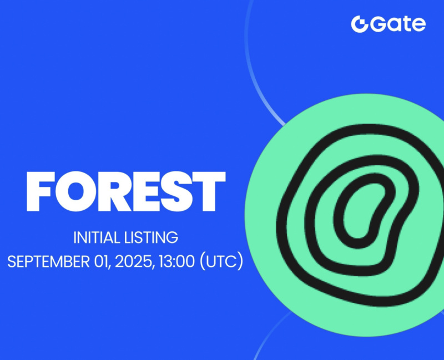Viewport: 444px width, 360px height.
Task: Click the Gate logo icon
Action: [360, 24]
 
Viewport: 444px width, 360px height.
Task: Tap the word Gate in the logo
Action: [397, 24]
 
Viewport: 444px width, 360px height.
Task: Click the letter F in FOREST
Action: [41, 191]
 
